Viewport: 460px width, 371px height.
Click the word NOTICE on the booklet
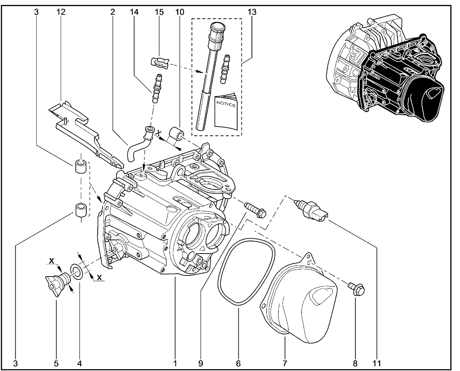tap(226, 105)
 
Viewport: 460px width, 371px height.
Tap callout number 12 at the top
tap(61, 12)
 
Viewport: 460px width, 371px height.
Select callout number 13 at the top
tap(252, 12)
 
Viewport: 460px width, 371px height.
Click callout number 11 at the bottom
tap(377, 363)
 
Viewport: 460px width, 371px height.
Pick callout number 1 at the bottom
tap(175, 363)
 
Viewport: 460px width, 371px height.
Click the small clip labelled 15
tap(159, 62)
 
